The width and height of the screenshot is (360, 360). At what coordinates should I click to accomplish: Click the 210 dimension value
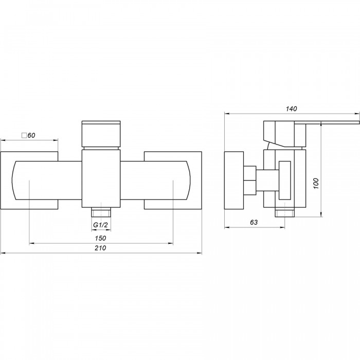[101, 248]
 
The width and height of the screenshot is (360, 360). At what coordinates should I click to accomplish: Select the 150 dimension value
[101, 238]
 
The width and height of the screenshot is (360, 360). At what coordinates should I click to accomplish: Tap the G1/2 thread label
[100, 225]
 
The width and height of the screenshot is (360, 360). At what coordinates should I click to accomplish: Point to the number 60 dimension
[31, 135]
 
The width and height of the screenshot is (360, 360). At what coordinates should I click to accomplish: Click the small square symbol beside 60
[24, 135]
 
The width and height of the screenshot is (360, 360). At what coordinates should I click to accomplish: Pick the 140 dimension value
[292, 109]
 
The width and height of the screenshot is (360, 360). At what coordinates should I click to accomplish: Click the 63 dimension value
[254, 222]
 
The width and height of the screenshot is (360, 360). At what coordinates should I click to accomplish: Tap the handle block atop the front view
[101, 134]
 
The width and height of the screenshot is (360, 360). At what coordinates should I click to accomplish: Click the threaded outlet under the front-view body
[101, 212]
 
